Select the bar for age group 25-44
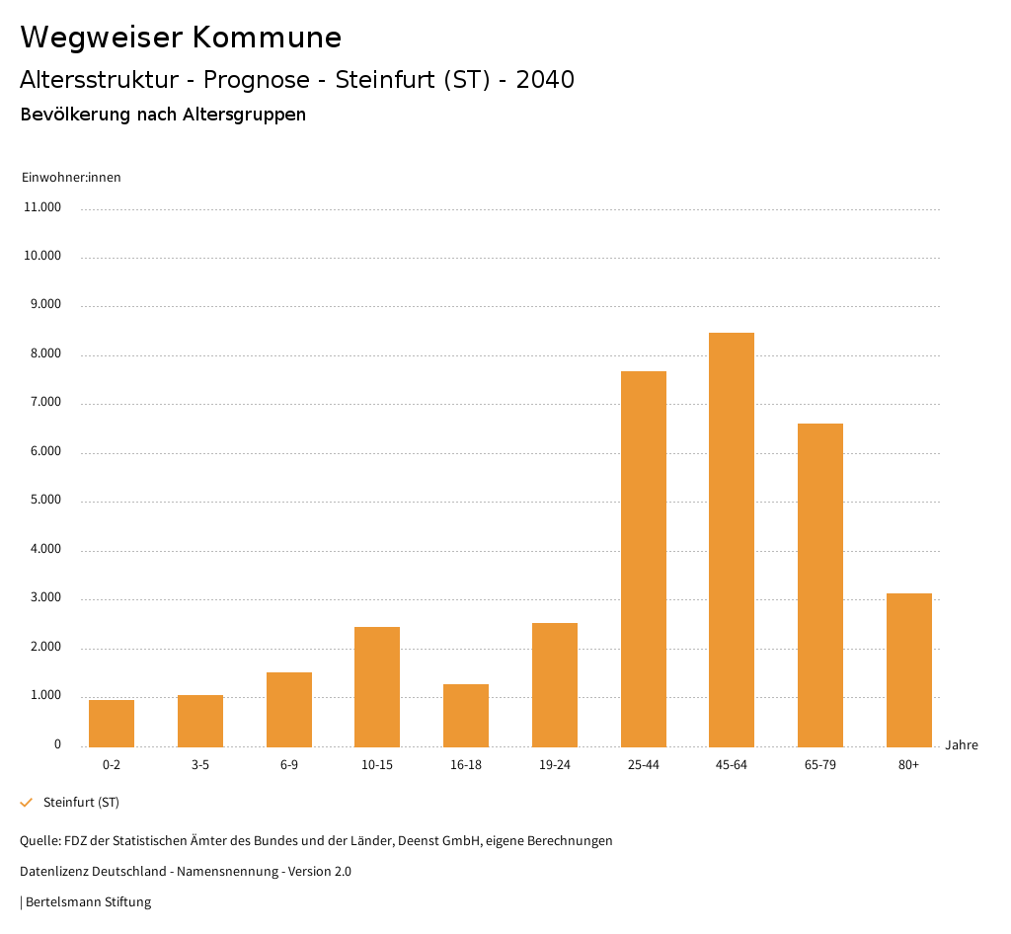tap(644, 559)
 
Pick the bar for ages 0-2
tap(112, 723)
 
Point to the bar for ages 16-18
tap(466, 715)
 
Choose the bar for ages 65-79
tap(820, 584)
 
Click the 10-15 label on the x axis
tap(377, 765)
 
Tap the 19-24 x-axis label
tap(555, 765)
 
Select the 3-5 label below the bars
tap(200, 765)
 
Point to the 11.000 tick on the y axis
tap(43, 207)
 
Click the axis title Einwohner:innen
tap(71, 178)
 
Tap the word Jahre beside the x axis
tap(962, 745)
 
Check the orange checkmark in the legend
tap(27, 802)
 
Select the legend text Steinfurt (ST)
tap(81, 802)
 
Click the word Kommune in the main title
tap(267, 38)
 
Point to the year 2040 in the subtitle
tap(545, 80)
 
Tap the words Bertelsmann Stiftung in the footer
tap(88, 901)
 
